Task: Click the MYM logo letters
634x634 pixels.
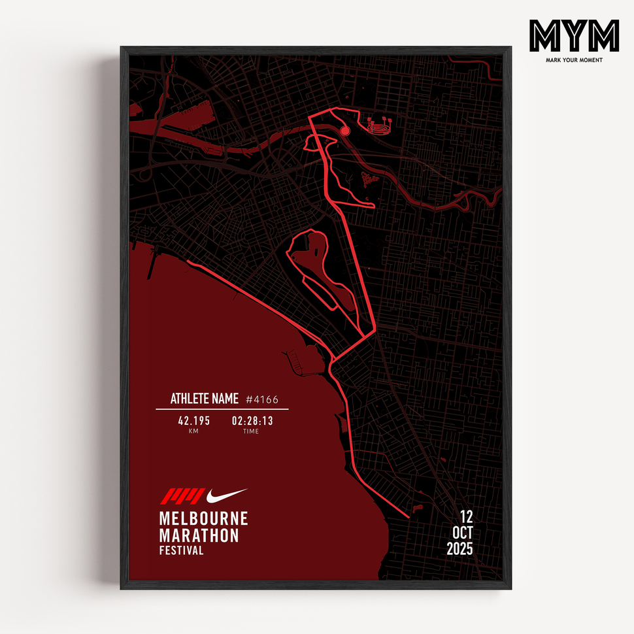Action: (574, 36)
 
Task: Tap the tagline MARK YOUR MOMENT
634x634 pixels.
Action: (574, 60)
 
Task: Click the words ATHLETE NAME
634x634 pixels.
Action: (204, 399)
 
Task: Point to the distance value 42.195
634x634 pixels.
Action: (193, 421)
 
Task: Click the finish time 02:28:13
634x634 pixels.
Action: (252, 421)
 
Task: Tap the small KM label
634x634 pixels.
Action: (193, 431)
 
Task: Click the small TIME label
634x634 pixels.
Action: (251, 431)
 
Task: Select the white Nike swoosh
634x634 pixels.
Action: (226, 495)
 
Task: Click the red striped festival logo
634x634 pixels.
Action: (182, 497)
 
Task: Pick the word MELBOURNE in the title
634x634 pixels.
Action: (203, 519)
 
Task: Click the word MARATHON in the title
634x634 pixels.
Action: (199, 535)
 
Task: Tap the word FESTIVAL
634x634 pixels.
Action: (181, 550)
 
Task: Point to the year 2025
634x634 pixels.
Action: (459, 550)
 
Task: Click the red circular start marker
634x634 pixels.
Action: (345, 131)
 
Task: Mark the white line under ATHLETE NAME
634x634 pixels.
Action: (222, 410)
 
